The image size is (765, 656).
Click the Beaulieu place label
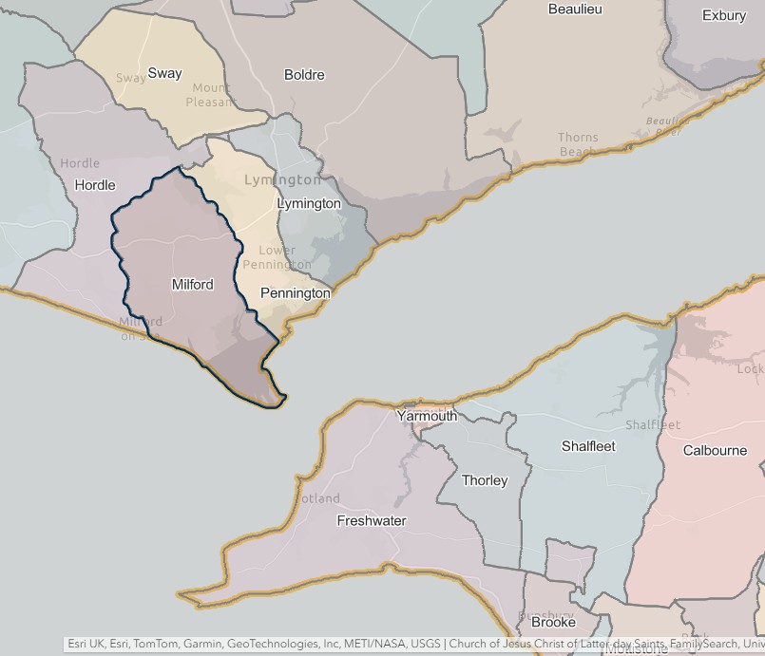tap(575, 9)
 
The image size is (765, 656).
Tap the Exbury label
tap(724, 15)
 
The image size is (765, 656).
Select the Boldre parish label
tap(304, 75)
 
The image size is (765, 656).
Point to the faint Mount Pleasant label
tap(209, 95)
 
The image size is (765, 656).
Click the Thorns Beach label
tap(578, 144)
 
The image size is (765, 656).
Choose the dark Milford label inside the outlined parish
tap(192, 284)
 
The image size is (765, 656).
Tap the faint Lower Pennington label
tap(277, 257)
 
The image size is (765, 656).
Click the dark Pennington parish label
tap(295, 293)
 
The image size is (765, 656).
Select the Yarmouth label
tap(427, 416)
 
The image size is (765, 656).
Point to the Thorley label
tap(485, 480)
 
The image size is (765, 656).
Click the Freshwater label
tap(372, 520)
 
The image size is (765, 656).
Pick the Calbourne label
tap(715, 450)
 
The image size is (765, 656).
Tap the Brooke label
tap(553, 623)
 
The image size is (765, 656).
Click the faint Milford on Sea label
tap(141, 328)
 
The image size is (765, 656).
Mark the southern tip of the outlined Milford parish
tap(281, 403)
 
